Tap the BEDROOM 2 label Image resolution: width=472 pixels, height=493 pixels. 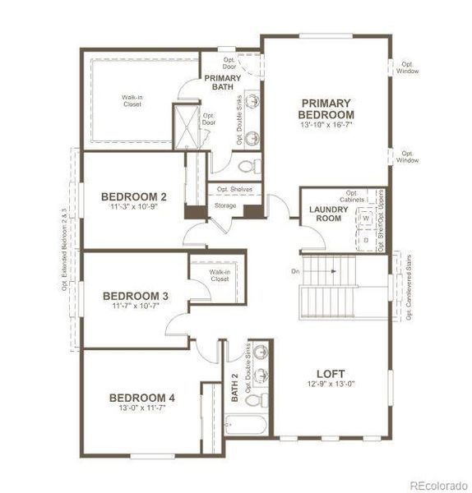point(134,196)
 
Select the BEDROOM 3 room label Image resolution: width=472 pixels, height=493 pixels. point(136,296)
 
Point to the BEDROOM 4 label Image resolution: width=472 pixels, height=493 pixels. point(142,399)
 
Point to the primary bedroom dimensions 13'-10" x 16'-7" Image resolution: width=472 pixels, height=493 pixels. point(326,125)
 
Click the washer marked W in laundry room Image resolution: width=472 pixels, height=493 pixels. point(367,219)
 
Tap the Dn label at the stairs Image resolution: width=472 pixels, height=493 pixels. point(295,271)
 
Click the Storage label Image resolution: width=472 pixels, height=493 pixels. point(225,205)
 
